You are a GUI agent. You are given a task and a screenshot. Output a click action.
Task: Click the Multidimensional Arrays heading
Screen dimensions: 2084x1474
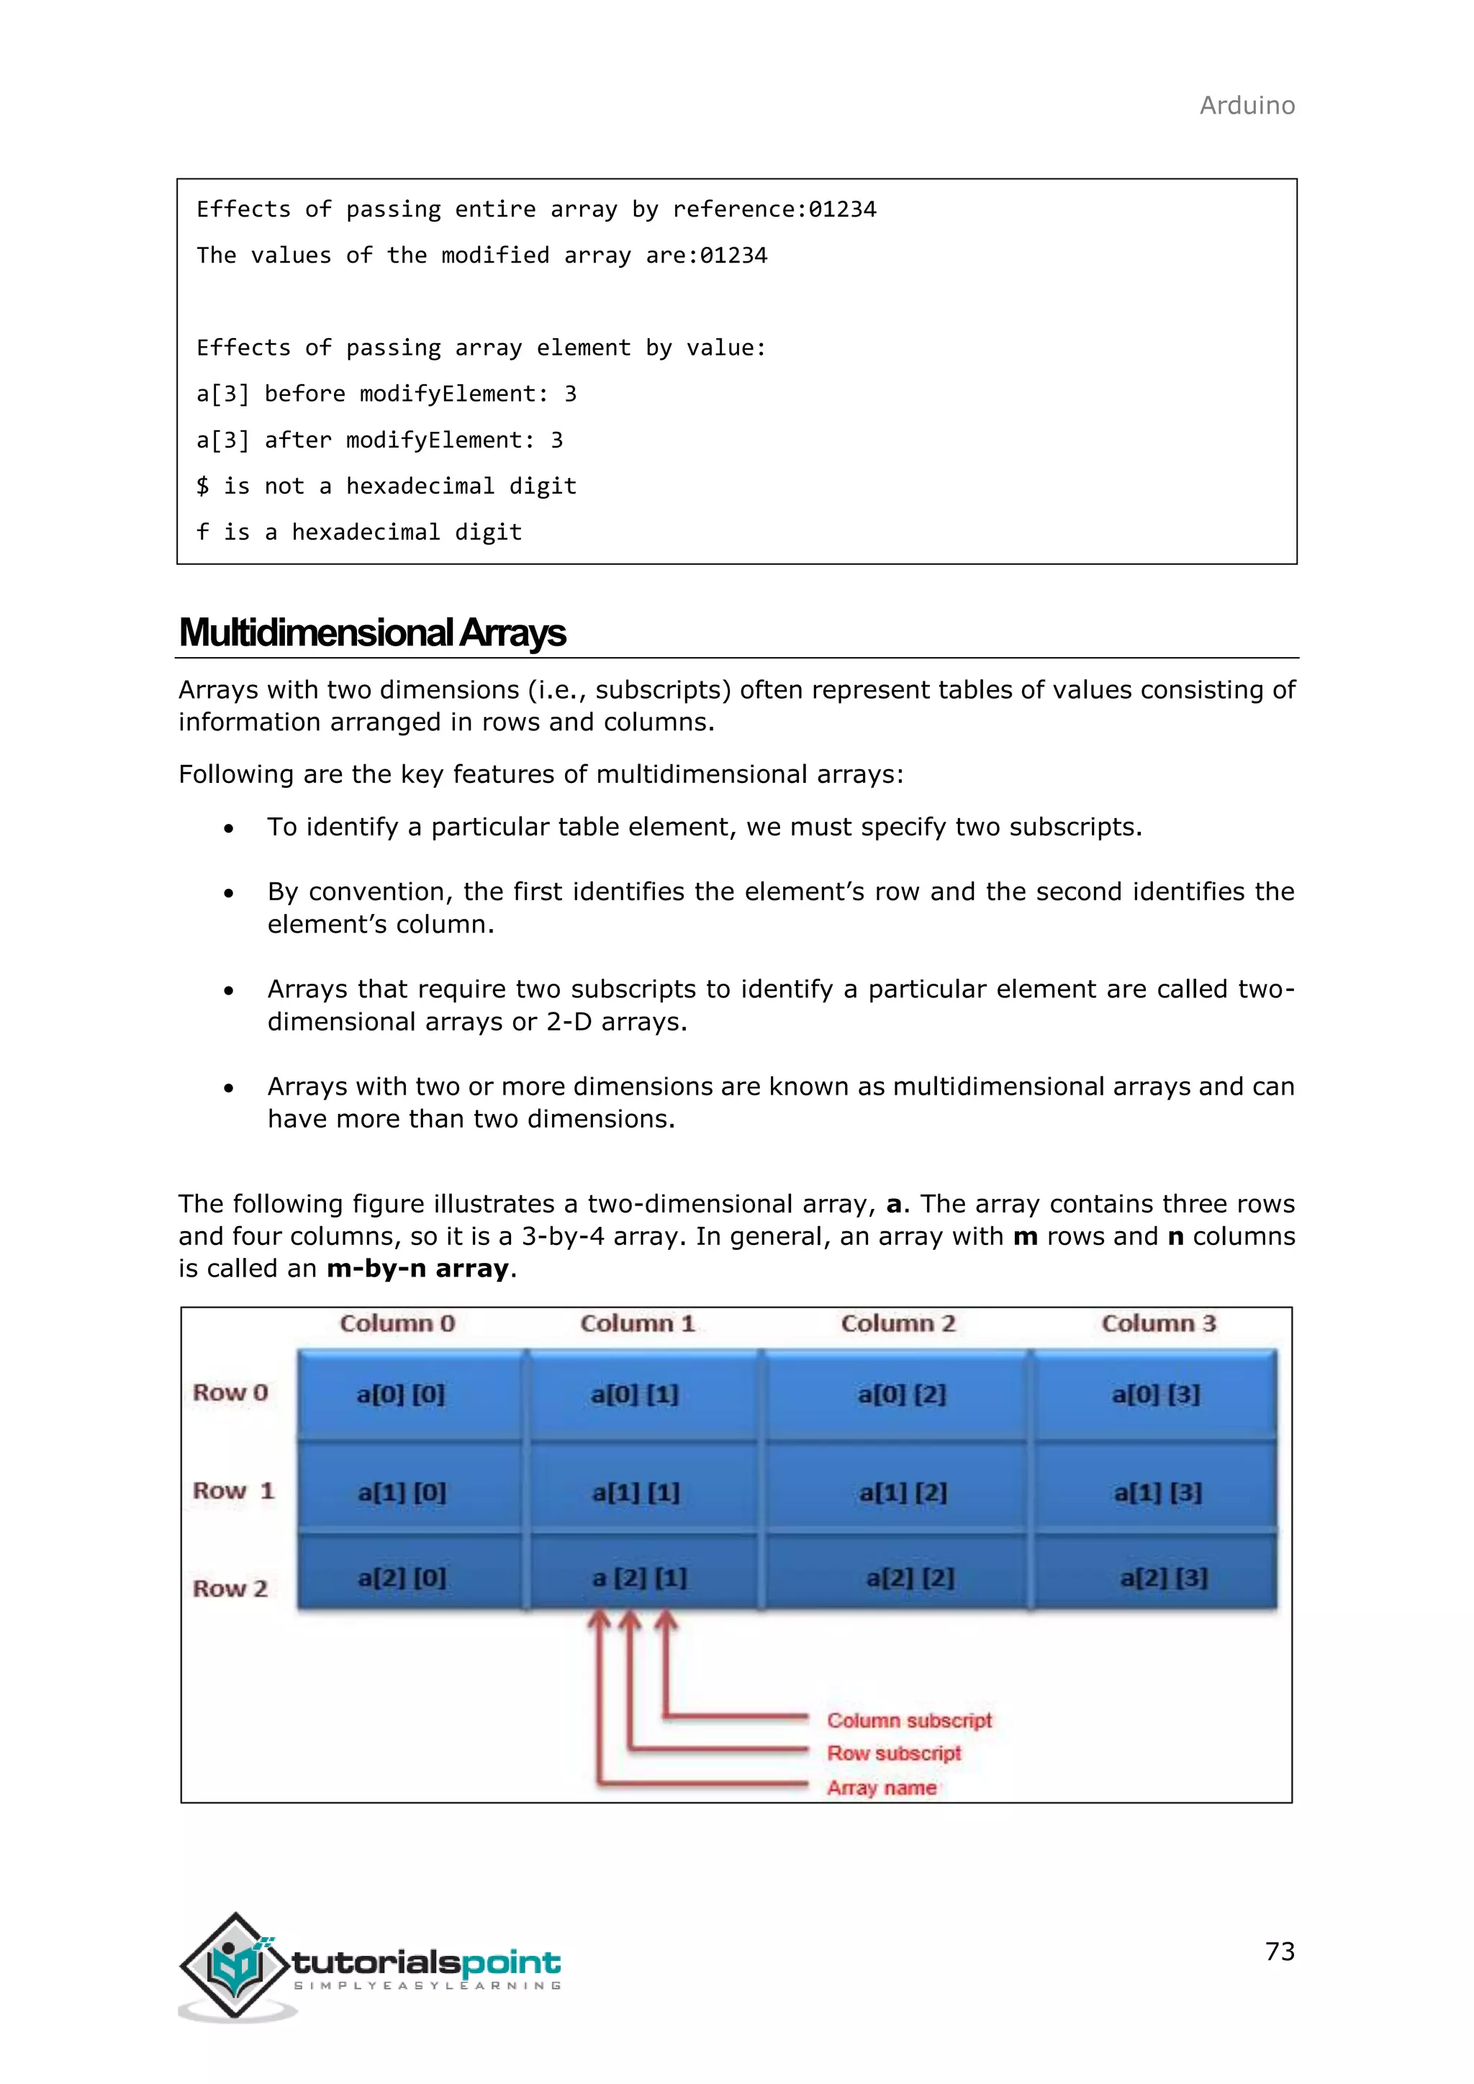tap(372, 633)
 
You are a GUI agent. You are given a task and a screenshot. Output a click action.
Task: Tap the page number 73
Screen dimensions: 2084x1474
tap(1280, 1952)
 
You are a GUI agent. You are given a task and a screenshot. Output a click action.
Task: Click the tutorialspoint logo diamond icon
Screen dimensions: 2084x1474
tap(235, 1965)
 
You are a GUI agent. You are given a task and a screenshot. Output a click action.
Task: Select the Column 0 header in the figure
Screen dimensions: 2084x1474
tap(397, 1323)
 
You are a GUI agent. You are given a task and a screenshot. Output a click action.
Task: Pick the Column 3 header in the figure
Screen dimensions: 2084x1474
tap(1158, 1323)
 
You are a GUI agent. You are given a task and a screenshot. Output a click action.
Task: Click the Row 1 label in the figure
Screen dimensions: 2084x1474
tap(232, 1491)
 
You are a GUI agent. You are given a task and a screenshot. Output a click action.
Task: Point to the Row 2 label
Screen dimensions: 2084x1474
tap(230, 1588)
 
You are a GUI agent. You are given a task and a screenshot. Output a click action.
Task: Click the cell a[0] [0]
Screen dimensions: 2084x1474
tap(400, 1394)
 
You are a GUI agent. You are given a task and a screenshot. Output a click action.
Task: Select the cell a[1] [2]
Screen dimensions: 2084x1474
tap(903, 1493)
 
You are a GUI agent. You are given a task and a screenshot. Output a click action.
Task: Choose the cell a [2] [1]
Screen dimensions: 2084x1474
tap(639, 1578)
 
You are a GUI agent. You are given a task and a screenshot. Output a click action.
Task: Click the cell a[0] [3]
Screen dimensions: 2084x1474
tap(1155, 1394)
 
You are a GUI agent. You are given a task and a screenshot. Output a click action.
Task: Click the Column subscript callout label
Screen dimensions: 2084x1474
tap(908, 1721)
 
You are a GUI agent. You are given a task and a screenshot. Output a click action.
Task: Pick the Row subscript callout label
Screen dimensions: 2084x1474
tap(893, 1754)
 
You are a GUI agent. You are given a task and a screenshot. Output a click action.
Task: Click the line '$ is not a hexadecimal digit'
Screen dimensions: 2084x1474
tap(386, 486)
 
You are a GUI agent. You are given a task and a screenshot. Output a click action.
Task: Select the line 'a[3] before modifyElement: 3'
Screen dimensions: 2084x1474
tap(386, 394)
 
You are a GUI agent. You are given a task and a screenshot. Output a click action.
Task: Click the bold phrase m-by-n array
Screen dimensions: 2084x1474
tap(417, 1269)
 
